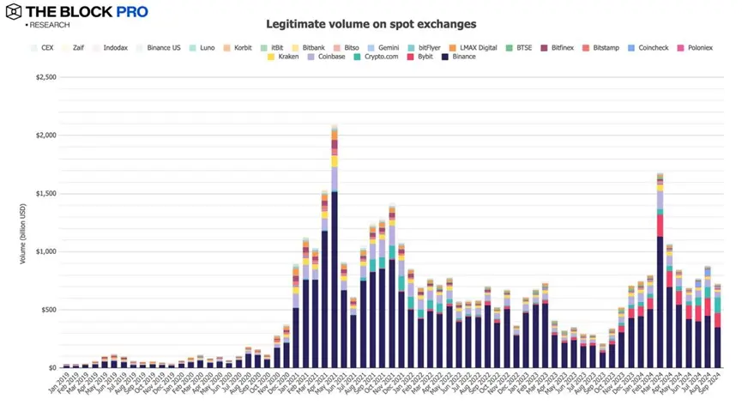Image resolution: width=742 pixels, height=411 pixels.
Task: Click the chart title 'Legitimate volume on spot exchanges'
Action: [371, 24]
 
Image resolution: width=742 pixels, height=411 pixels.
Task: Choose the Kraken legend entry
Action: [283, 57]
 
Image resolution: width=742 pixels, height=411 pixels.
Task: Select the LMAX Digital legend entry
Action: [477, 47]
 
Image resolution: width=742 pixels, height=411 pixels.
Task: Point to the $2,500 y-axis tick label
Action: [45, 77]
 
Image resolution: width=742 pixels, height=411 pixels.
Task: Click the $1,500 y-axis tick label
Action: [45, 193]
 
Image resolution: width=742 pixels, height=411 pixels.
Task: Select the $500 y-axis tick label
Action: [48, 310]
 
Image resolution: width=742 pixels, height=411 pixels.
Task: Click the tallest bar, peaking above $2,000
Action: [334, 249]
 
